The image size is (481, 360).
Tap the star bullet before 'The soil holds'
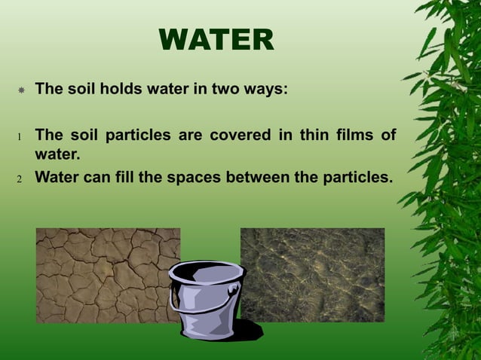[22, 90]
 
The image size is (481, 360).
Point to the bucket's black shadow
[245, 331]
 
